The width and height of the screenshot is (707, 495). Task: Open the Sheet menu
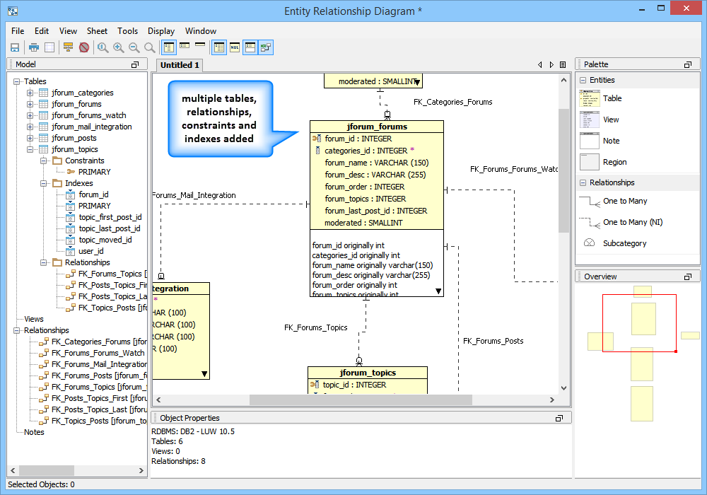coord(97,31)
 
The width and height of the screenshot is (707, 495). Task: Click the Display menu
coord(161,31)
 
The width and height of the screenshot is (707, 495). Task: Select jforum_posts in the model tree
coord(74,138)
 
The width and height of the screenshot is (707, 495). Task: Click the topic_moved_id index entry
coord(105,240)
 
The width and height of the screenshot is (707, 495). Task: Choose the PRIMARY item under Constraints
coord(94,172)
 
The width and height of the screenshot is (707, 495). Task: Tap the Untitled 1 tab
coord(180,65)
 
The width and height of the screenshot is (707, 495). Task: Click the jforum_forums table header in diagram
coord(377,127)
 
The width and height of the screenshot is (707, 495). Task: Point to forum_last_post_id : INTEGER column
coord(375,211)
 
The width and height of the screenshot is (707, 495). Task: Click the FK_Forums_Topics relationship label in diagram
coord(316,328)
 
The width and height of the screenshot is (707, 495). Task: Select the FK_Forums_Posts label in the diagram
coord(493,341)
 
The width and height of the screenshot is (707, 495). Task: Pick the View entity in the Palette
coord(612,120)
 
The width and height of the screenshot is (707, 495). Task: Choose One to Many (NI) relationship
coord(633,222)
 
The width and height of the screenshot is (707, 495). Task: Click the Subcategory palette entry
coord(624,243)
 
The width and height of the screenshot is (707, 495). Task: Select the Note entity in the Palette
coord(611,141)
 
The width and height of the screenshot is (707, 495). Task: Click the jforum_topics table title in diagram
coord(368,373)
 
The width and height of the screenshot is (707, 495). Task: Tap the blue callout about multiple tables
coord(220,118)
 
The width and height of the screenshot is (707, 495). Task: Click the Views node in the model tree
coord(34,319)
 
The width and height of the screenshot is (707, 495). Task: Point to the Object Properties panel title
coord(189,418)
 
